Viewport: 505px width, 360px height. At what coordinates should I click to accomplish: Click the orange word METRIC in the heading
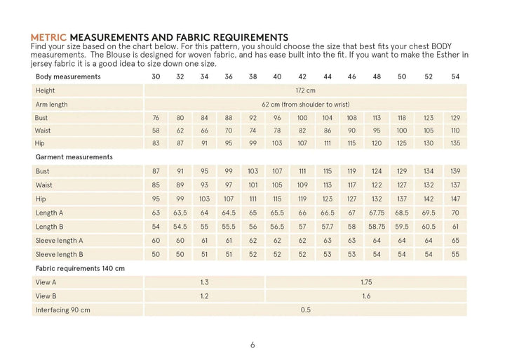(50, 36)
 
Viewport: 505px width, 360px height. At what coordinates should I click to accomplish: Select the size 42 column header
(302, 76)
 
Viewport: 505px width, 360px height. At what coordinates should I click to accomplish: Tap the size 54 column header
(455, 76)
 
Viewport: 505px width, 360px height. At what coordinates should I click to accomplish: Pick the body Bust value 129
(455, 117)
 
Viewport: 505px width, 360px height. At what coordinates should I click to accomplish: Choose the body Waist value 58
(156, 131)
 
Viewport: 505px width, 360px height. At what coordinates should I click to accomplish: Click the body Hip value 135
(455, 144)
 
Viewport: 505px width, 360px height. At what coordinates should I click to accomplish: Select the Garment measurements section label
(74, 157)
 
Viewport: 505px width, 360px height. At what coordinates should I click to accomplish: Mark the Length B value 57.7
(327, 227)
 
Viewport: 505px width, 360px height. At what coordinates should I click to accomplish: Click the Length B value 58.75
(377, 227)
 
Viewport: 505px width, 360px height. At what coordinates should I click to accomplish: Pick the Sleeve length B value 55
(455, 254)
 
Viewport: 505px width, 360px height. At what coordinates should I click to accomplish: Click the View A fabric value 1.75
(365, 281)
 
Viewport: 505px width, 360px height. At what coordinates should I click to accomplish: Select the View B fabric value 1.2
(204, 295)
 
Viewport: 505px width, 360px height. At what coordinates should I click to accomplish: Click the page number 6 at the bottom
(252, 345)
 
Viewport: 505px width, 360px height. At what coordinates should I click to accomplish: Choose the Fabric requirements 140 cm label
(79, 268)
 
